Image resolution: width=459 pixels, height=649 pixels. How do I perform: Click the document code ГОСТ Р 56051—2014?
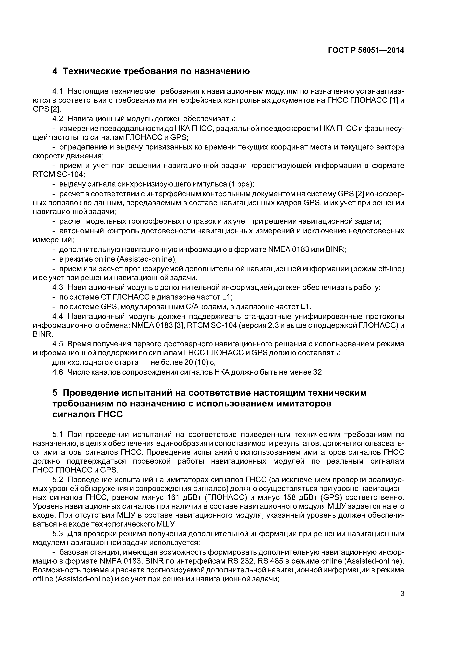tap(366, 50)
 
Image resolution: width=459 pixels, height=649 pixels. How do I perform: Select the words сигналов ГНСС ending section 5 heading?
tap(88, 414)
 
